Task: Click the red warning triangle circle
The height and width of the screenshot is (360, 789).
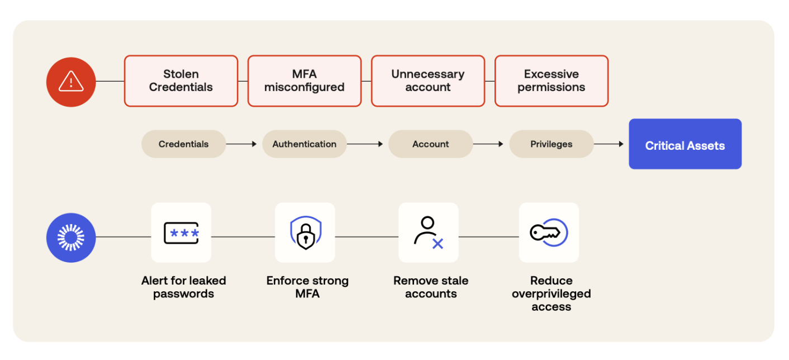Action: click(71, 82)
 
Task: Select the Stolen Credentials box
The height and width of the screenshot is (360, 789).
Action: click(181, 81)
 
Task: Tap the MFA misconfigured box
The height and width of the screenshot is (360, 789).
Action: click(305, 81)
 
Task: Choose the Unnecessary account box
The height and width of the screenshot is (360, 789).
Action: click(428, 81)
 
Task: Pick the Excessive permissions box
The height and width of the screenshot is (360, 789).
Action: click(552, 81)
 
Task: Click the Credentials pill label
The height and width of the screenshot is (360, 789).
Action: click(183, 144)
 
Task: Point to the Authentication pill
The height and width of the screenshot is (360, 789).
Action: click(305, 144)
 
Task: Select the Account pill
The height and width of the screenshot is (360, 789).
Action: click(430, 144)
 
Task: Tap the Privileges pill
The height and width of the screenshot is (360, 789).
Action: click(552, 144)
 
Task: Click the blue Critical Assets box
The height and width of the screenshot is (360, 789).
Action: click(685, 144)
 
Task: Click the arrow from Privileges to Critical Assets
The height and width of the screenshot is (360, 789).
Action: click(609, 144)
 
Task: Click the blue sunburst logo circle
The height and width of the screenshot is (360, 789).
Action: click(71, 238)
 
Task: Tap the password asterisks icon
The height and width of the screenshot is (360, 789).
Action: click(181, 233)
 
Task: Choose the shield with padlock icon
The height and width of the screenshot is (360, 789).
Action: click(305, 233)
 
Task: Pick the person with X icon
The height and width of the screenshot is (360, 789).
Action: click(429, 233)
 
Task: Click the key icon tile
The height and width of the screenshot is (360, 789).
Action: click(549, 233)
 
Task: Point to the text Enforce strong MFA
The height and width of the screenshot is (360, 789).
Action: click(307, 287)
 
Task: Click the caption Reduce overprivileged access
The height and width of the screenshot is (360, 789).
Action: click(552, 293)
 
